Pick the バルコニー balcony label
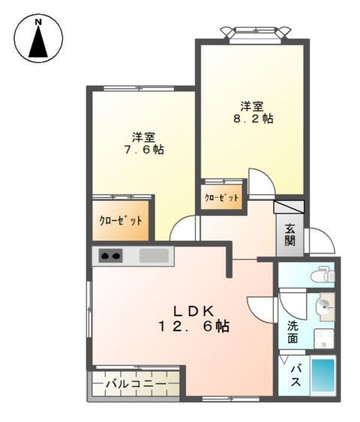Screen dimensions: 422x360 (134, 385)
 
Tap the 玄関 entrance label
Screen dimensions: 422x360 (289, 235)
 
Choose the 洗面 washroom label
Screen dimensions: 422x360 (292, 331)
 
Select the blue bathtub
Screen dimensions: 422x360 (322, 375)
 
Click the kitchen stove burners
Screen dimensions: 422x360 (111, 256)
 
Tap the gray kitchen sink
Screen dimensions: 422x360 (154, 256)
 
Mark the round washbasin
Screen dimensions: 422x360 (324, 305)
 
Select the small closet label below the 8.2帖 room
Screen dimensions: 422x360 (223, 198)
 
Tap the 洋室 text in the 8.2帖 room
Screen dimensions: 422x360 (251, 105)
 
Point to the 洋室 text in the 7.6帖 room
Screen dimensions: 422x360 (143, 136)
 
